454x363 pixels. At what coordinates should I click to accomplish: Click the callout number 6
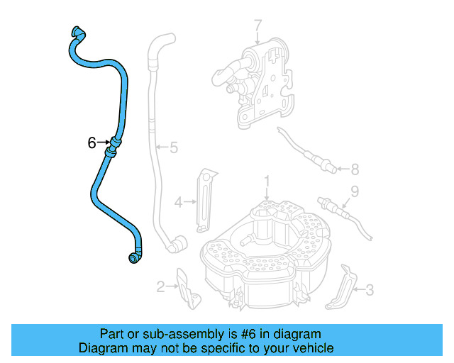coord(92,143)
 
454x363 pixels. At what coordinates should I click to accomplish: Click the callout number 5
coord(173,148)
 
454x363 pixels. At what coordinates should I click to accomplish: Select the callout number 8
coord(355,169)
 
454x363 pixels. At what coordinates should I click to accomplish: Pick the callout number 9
coord(355,191)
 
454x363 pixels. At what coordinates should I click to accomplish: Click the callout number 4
coord(180,202)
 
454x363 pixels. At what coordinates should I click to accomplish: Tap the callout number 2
coord(161,286)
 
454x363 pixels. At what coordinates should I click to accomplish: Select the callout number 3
coord(369,289)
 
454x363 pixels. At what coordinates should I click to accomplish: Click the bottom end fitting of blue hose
coord(133,258)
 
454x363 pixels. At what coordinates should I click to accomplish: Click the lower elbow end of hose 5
coord(173,245)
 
